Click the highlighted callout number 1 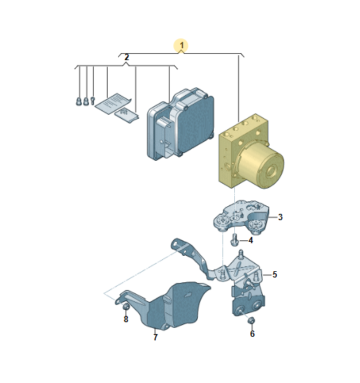tap(182, 45)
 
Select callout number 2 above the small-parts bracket tap(127, 57)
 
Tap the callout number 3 tap(280, 217)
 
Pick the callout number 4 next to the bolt tap(250, 240)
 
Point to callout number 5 tap(275, 275)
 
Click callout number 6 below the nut tap(252, 334)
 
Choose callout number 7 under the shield tap(156, 338)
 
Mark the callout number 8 tap(126, 319)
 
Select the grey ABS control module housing tap(180, 124)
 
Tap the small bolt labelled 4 tap(234, 240)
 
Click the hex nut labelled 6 tap(250, 321)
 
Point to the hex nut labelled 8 tap(126, 307)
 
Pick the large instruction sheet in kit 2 tap(113, 103)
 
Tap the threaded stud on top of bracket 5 tap(241, 253)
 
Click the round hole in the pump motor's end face tap(272, 172)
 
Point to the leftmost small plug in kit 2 tap(79, 101)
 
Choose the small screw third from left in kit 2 tap(92, 101)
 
